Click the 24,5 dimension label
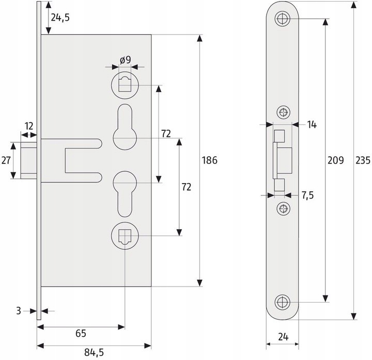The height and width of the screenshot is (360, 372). click(x=60, y=18)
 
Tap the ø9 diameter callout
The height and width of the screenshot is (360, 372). click(x=125, y=59)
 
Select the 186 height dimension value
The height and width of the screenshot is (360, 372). click(x=209, y=160)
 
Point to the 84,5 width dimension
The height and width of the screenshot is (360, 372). click(x=94, y=352)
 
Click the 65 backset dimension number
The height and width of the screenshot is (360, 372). click(x=81, y=334)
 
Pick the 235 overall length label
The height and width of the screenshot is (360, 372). click(x=363, y=160)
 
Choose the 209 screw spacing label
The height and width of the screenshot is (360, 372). click(x=335, y=160)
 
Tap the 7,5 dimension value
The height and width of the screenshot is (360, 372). click(x=308, y=195)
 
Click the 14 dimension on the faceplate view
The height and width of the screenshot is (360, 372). click(x=312, y=125)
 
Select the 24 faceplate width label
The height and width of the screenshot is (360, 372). click(x=283, y=337)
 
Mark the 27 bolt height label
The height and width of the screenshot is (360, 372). click(x=6, y=160)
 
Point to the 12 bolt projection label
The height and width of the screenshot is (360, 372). click(x=29, y=126)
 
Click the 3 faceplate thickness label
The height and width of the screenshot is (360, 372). click(x=19, y=311)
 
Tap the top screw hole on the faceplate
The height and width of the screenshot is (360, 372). click(x=282, y=19)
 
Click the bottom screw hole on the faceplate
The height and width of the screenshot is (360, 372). click(x=282, y=302)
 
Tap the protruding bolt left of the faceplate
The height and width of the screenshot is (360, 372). click(x=29, y=160)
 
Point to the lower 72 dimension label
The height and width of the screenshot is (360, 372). click(x=186, y=187)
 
